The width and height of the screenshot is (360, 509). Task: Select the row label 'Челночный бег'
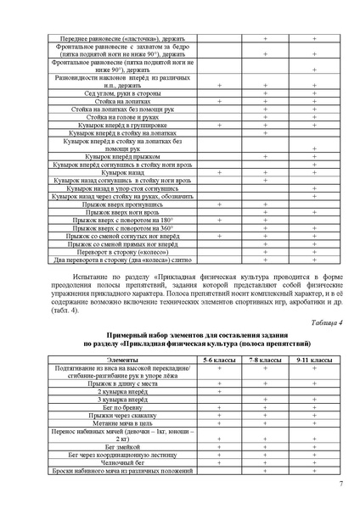pos(123,461)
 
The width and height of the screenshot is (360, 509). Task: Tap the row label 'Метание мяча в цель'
pos(123,422)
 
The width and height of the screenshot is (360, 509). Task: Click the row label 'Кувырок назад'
pos(123,172)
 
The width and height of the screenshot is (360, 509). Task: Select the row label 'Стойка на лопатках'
pos(123,101)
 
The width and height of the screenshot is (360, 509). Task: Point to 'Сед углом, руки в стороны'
pos(123,93)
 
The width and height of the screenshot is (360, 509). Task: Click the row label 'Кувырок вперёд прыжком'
pos(123,156)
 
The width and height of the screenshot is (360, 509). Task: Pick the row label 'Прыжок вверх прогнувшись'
pos(123,204)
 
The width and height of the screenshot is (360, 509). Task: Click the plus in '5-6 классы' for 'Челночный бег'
pos(220,461)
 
